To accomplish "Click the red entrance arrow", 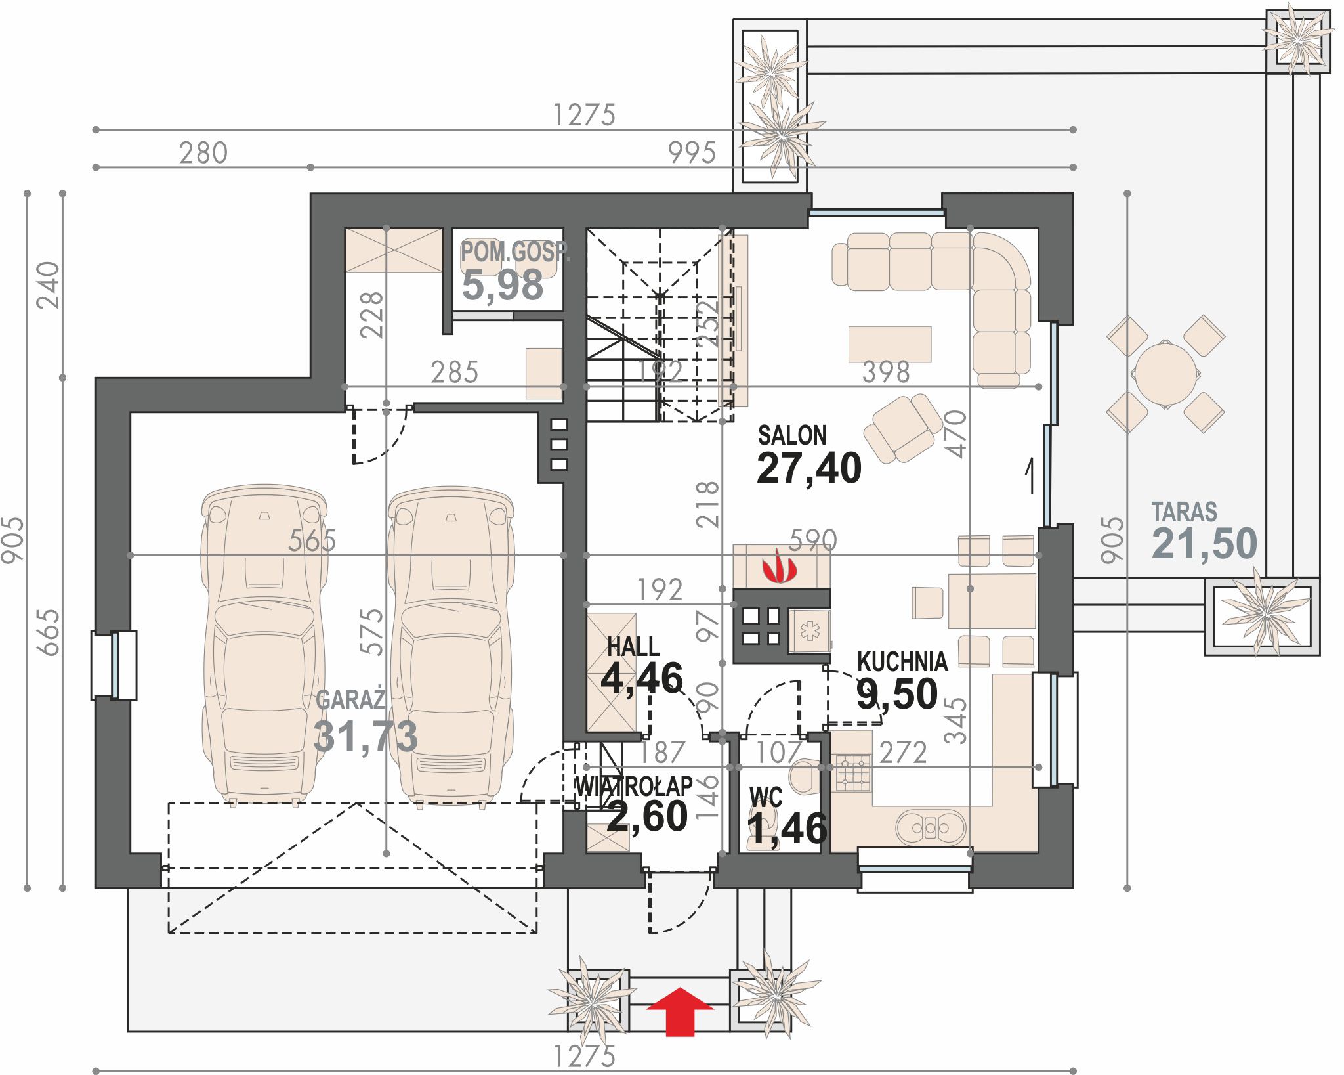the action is (x=680, y=1011).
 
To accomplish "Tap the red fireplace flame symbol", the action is (x=779, y=566).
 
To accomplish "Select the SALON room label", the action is (x=792, y=435).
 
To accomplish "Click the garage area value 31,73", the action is (x=366, y=735).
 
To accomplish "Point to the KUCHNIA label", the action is (x=902, y=661).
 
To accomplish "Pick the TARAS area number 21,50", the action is (x=1204, y=543).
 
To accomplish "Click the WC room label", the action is (x=765, y=797).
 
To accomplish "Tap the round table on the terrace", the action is (x=1165, y=375).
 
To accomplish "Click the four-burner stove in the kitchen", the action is (x=852, y=773).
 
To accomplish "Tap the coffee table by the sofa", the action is (x=890, y=344).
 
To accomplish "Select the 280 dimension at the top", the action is (x=203, y=153).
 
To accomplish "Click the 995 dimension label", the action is (x=692, y=153).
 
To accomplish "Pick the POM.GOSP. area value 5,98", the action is (x=503, y=285).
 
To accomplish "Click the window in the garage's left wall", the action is (x=114, y=665).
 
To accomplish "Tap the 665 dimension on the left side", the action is (x=49, y=632).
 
